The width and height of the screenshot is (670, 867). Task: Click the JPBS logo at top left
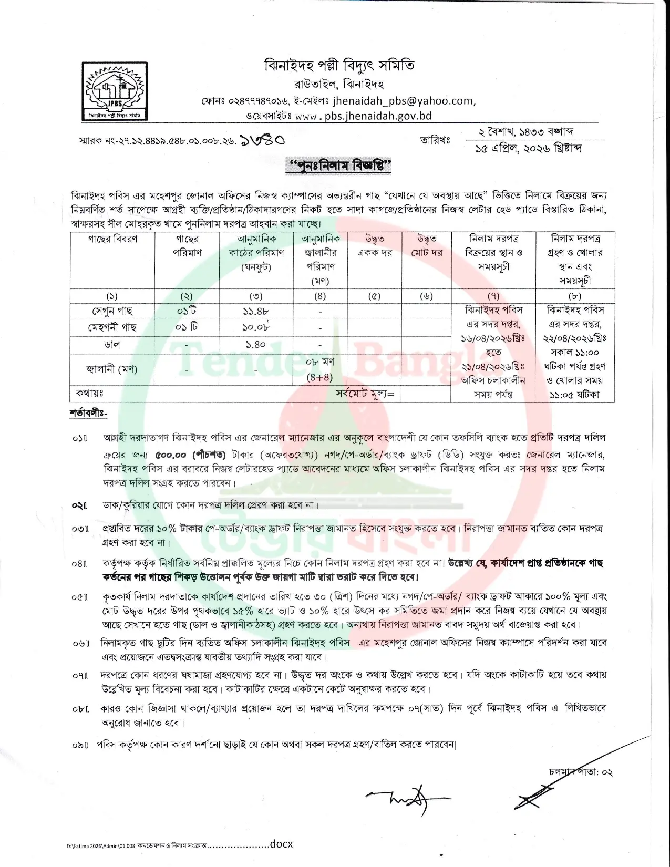[x=115, y=91]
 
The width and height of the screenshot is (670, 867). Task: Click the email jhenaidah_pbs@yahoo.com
[x=404, y=100]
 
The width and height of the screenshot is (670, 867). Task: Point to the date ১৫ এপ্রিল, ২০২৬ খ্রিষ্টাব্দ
[x=528, y=149]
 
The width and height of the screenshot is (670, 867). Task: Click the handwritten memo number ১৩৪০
[x=262, y=140]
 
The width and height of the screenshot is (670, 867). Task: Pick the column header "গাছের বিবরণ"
[x=112, y=239]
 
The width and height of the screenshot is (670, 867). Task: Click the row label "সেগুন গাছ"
[x=112, y=311]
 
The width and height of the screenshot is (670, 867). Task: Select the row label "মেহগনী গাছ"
[x=112, y=328]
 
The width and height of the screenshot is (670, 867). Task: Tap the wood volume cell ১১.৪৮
[x=256, y=311]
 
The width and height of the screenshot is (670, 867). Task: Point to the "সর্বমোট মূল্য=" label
[x=365, y=394]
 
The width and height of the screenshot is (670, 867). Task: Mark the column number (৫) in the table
[x=374, y=296]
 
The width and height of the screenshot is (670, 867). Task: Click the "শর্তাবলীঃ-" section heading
[x=88, y=413]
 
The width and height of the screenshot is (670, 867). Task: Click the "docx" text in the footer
[x=281, y=844]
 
